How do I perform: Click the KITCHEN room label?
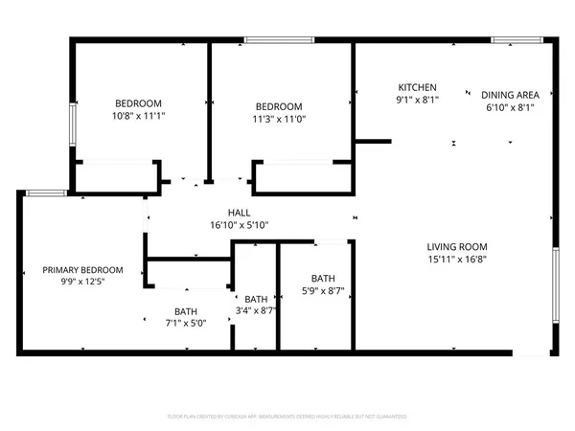point(417,86)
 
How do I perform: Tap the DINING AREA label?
point(510,95)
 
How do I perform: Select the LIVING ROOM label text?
point(456,246)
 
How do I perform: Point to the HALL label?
point(240,213)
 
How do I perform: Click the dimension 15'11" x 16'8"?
point(456,259)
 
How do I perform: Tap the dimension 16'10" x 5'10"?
point(240,225)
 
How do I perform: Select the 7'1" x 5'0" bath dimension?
point(186,323)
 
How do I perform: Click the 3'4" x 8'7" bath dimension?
point(256,311)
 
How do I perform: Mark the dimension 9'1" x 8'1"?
point(417,99)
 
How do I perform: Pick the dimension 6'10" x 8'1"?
point(510,107)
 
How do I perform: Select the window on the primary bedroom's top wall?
point(45,193)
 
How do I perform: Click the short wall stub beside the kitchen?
point(373,142)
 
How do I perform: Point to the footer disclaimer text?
point(287,417)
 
